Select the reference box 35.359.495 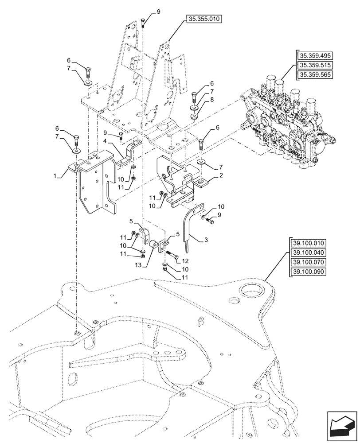[315, 56]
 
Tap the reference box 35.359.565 [315, 74]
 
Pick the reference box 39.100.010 [308, 243]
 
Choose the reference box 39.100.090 [308, 271]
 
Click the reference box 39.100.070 [308, 262]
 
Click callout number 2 [215, 176]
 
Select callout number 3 [207, 240]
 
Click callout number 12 [185, 262]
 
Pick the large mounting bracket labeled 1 [95, 182]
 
